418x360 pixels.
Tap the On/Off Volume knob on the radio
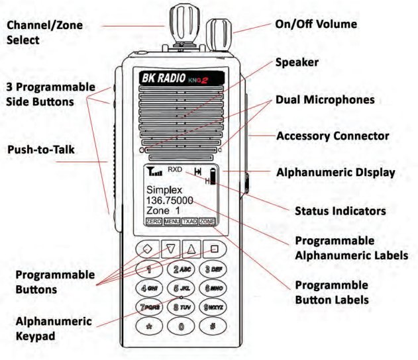point(219,32)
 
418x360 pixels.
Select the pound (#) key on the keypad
point(213,326)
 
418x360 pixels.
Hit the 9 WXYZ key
point(213,307)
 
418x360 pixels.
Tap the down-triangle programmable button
point(170,249)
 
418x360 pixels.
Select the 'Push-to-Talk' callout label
point(40,150)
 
